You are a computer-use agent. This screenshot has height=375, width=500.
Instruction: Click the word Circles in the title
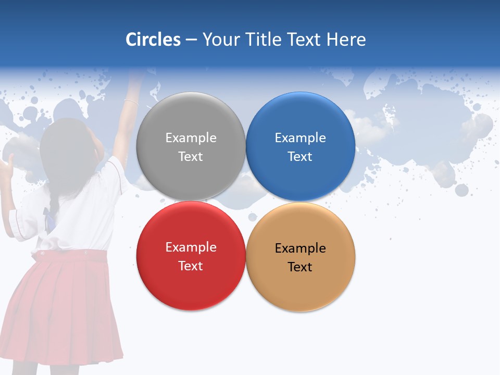click(153, 40)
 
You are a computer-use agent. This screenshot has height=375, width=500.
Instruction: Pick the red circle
click(191, 286)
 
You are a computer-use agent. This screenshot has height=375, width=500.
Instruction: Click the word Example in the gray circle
click(191, 138)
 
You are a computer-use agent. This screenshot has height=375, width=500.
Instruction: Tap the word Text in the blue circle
click(300, 157)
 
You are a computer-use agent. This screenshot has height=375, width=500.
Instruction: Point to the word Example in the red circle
click(191, 247)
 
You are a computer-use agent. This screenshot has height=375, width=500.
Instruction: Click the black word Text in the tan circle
click(300, 267)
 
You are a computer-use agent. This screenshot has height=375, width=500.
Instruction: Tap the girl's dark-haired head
click(65, 146)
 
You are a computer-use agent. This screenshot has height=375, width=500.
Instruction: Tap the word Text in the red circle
click(191, 266)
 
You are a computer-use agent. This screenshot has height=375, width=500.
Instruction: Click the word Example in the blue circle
click(300, 138)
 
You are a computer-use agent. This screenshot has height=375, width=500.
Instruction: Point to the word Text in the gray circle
click(191, 157)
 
